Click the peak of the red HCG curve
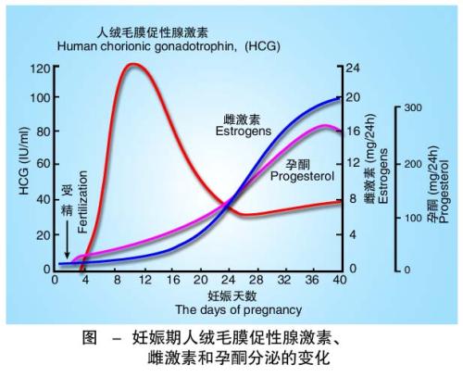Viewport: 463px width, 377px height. pyautogui.click(x=133, y=65)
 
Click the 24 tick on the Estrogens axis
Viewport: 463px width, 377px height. pyautogui.click(x=354, y=69)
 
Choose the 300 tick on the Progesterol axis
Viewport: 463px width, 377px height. pyautogui.click(x=412, y=108)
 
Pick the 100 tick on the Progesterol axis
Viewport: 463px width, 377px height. pyautogui.click(x=412, y=218)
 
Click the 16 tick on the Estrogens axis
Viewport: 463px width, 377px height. pyautogui.click(x=354, y=132)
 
